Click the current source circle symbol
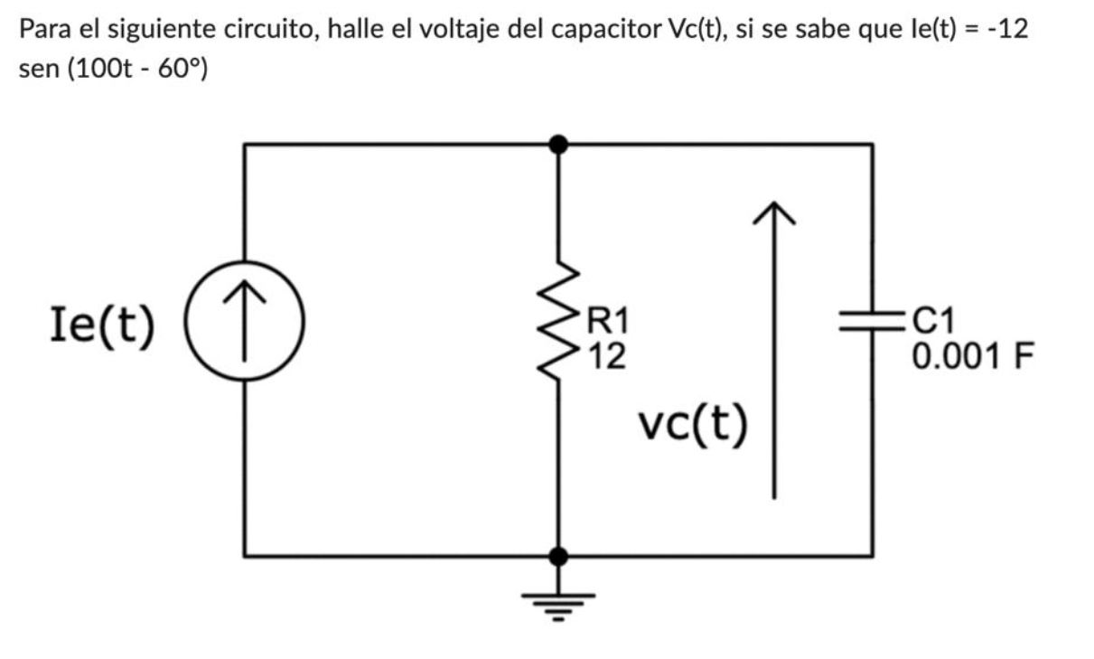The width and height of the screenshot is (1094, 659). (x=244, y=325)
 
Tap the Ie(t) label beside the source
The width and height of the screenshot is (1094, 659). (x=100, y=325)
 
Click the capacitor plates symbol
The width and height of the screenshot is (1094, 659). (x=872, y=323)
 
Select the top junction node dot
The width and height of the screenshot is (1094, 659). (x=559, y=143)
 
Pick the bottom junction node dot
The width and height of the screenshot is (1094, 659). (x=559, y=555)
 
